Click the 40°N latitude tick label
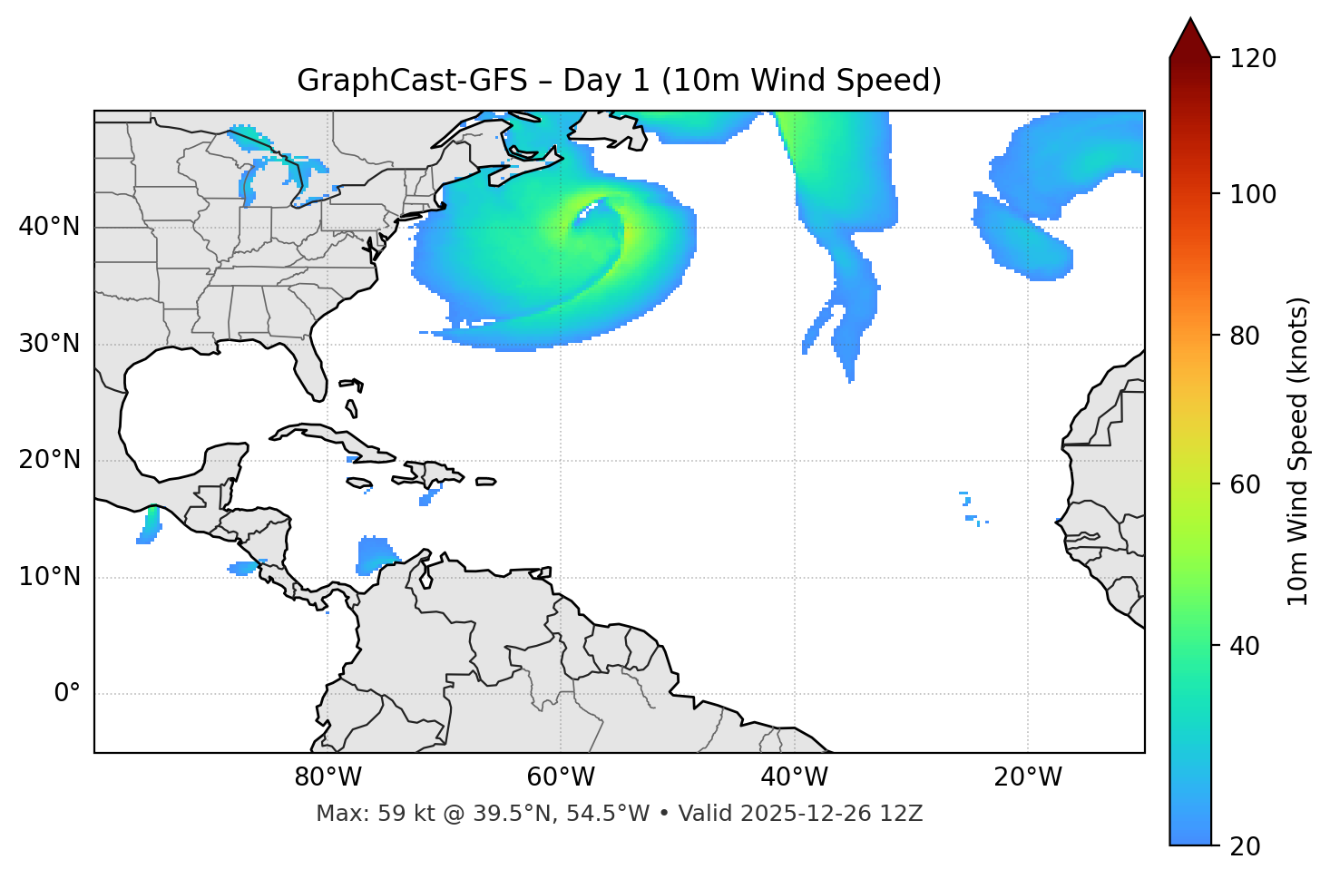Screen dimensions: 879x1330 (x=49, y=227)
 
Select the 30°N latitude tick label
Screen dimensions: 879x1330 (x=49, y=344)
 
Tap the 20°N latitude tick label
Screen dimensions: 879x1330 (x=49, y=460)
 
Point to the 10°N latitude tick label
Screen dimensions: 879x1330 (x=49, y=577)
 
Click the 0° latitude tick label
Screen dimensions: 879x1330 (x=67, y=694)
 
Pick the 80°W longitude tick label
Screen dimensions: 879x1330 (x=328, y=777)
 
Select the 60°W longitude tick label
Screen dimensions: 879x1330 (x=561, y=777)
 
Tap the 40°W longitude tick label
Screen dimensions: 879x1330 (x=794, y=777)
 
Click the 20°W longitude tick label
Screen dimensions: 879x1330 (x=1028, y=777)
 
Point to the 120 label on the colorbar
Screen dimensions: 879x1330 (x=1253, y=59)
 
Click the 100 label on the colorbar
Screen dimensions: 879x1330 (x=1253, y=194)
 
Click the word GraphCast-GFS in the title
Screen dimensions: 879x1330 (x=411, y=81)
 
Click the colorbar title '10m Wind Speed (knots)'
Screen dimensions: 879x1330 (x=1298, y=451)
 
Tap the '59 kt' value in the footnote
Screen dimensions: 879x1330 (x=395, y=814)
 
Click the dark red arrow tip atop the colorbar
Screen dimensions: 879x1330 (x=1190, y=36)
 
